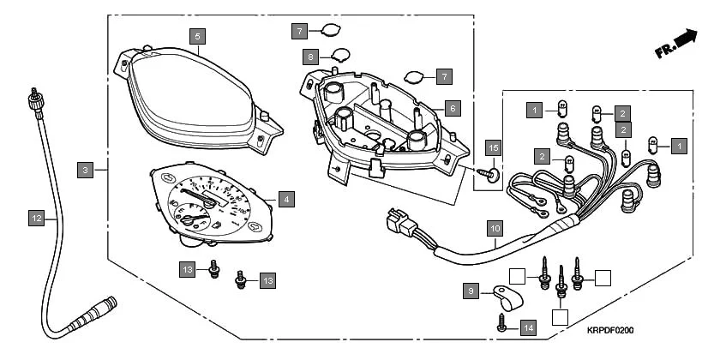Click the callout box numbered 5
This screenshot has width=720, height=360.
[198, 37]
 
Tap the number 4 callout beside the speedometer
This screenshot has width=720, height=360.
[286, 199]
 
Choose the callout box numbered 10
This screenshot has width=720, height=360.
[495, 229]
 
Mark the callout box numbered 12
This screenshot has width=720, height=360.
[36, 219]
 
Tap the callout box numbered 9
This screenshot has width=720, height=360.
[471, 291]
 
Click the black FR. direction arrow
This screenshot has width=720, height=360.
[682, 39]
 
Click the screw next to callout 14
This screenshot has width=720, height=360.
[502, 324]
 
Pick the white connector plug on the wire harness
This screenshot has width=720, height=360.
[398, 224]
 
